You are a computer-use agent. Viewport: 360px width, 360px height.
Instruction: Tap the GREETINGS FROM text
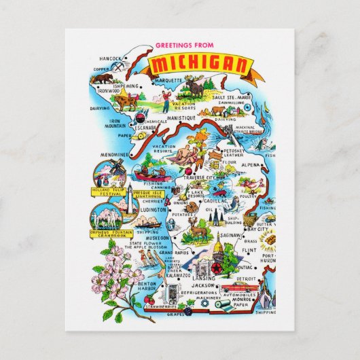[x=183, y=46]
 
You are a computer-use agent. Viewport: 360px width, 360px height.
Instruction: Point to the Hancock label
[x=109, y=58]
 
